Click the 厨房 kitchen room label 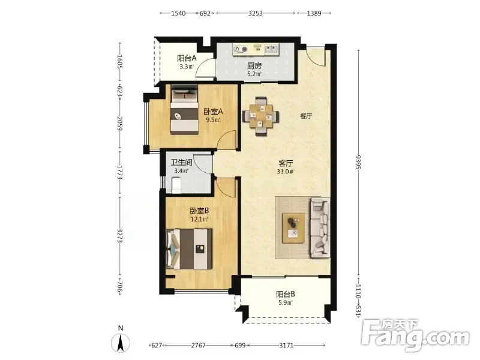tap(254, 65)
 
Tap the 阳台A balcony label tap(187, 58)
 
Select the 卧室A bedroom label tap(214, 112)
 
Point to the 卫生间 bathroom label tap(182, 162)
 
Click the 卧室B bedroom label tap(199, 211)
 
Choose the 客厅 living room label tap(286, 163)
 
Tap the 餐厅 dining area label tap(306, 116)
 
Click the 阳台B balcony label tap(286, 294)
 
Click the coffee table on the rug tap(293, 228)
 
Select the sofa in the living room tap(320, 227)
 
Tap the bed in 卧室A tap(184, 110)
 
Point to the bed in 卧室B tap(189, 249)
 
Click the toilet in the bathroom tap(176, 186)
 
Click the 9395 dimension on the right tap(358, 162)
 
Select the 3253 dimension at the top tap(256, 13)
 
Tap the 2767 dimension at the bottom tap(198, 346)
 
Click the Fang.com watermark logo tap(415, 335)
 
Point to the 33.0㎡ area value tap(285, 172)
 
